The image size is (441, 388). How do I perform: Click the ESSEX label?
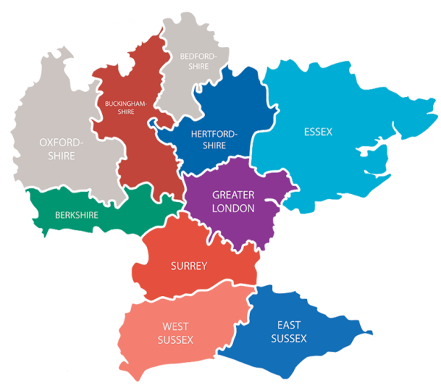click(318, 132)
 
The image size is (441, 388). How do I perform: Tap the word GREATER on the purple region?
click(233, 195)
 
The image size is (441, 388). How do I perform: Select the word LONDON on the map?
click(233, 209)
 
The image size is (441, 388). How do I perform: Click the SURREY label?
click(189, 265)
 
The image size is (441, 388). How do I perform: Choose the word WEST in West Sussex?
click(174, 326)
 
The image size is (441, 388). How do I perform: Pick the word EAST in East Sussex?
click(289, 325)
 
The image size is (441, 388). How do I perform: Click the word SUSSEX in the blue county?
click(289, 338)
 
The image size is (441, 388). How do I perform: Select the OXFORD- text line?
click(62, 142)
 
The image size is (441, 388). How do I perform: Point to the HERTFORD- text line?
click(214, 134)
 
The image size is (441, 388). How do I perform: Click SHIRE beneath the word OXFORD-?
click(62, 157)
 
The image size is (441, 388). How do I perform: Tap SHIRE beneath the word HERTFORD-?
click(214, 146)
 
